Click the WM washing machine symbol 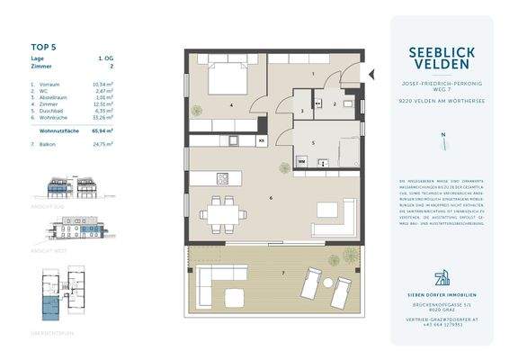302,162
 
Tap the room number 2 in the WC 334,104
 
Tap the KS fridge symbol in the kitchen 261,141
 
